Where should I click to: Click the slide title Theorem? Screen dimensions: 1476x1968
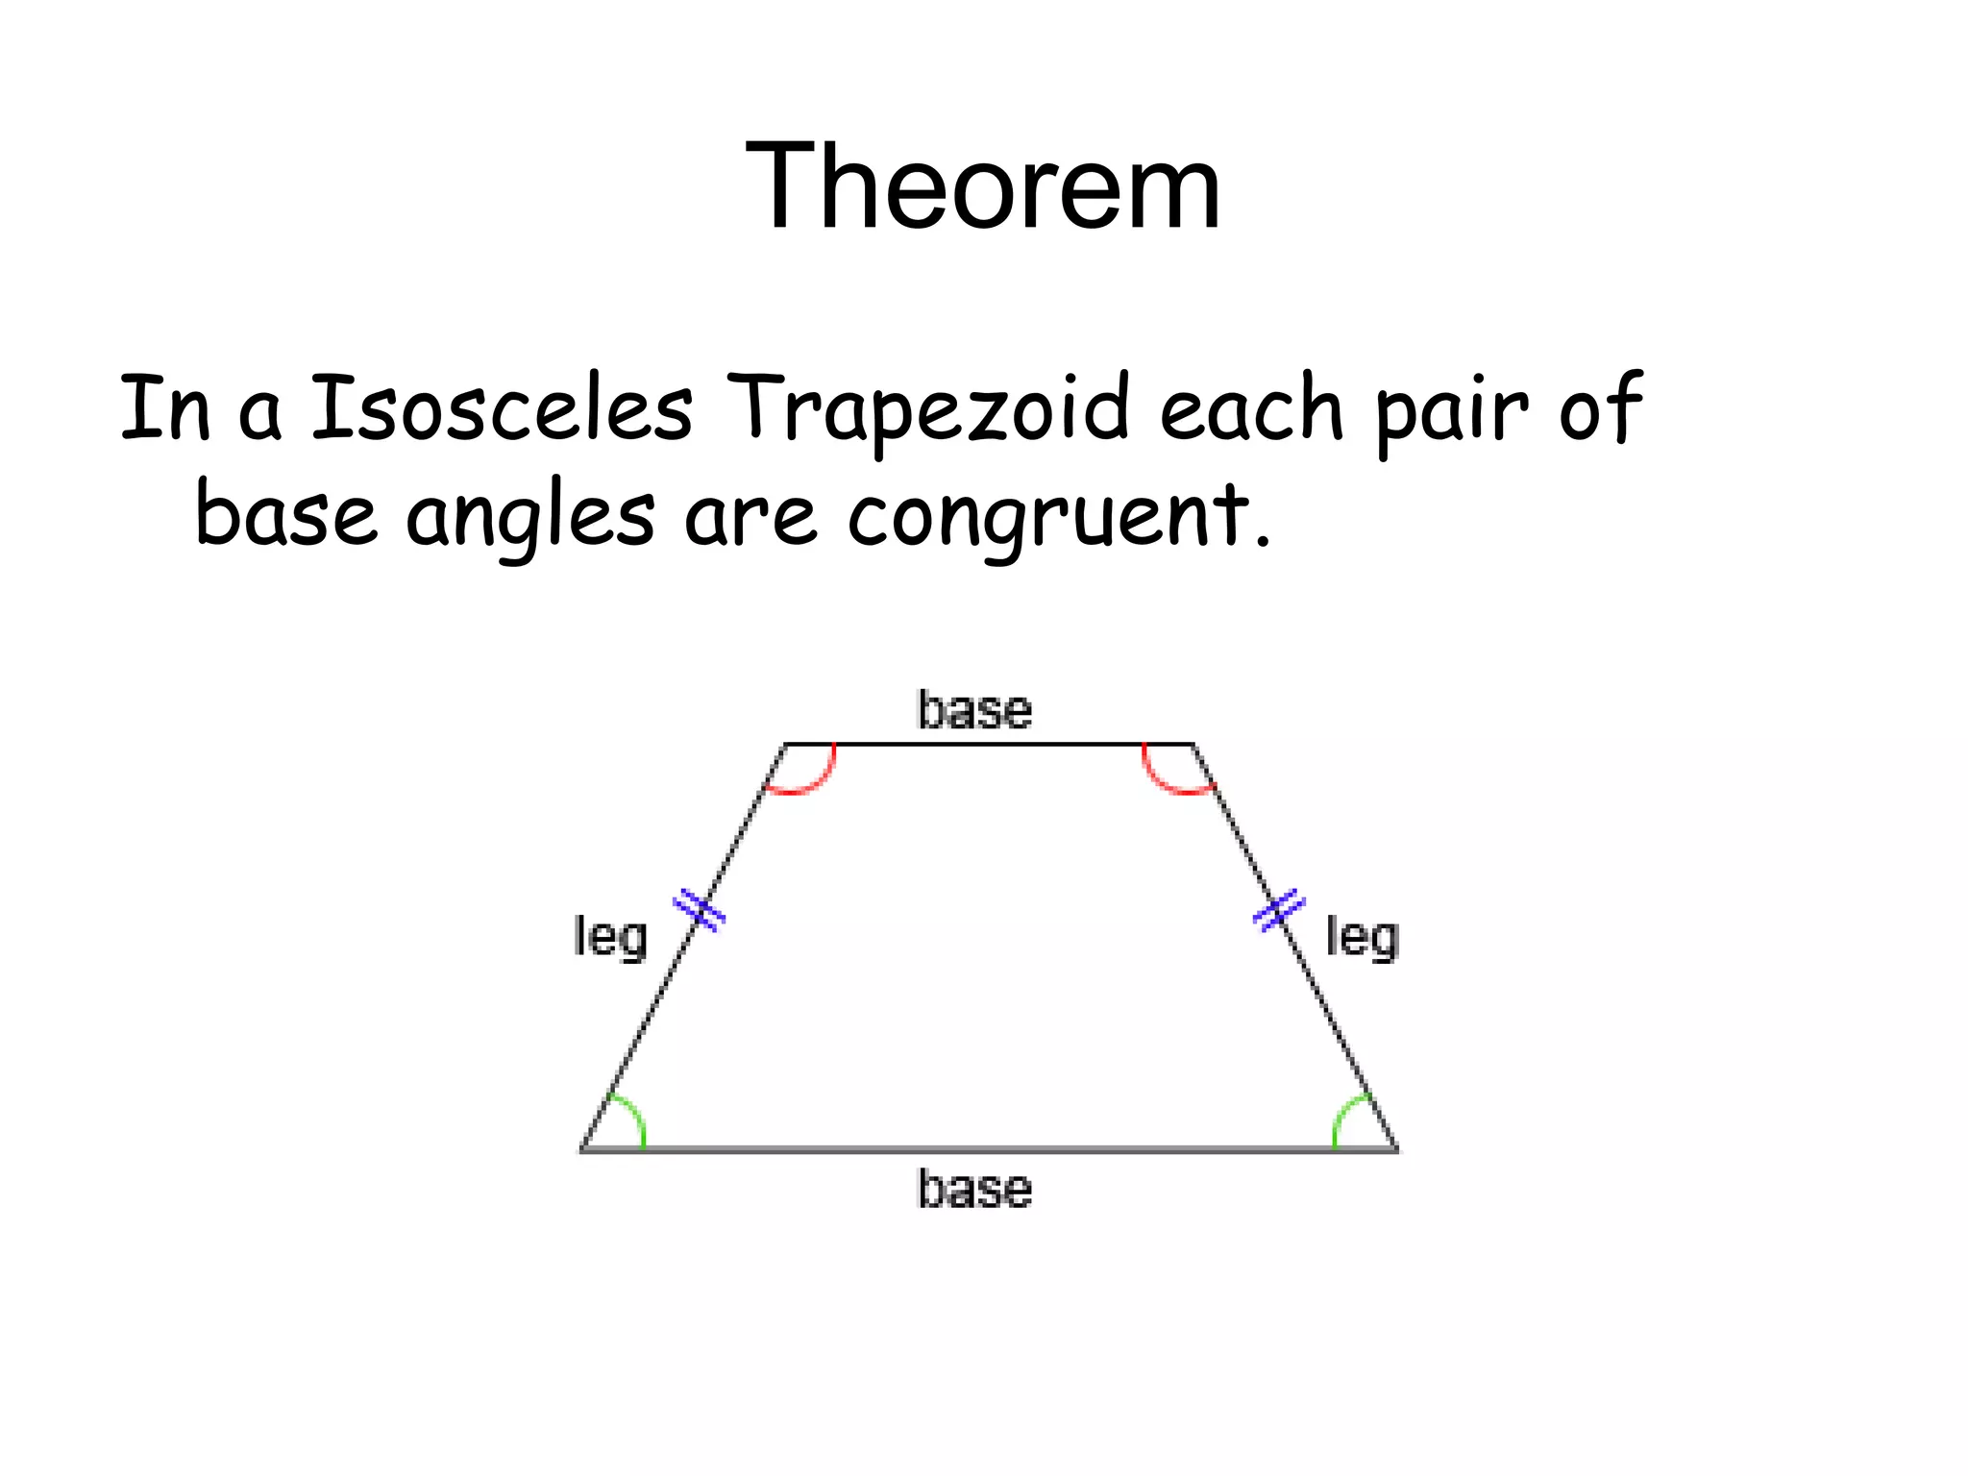click(x=982, y=185)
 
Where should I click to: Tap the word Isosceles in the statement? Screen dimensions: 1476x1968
click(x=502, y=408)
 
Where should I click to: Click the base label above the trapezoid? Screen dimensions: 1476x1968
click(x=974, y=711)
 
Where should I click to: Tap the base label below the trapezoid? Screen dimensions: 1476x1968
click(x=974, y=1190)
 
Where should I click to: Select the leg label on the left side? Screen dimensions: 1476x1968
click(x=610, y=937)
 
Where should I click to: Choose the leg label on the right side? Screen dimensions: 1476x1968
click(x=1362, y=937)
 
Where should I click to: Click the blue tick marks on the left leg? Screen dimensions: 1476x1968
click(x=700, y=910)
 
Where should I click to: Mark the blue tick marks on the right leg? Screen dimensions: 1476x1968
click(x=1279, y=909)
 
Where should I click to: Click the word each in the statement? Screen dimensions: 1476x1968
click(x=1251, y=408)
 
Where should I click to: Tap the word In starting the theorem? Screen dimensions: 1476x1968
click(x=164, y=408)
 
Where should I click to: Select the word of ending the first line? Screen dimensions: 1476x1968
click(x=1600, y=408)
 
